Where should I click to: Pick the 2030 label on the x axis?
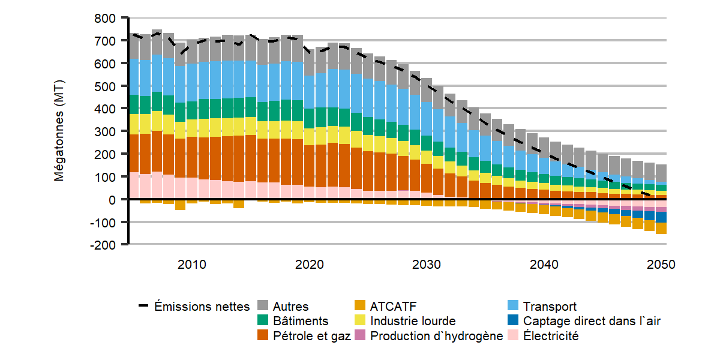427,265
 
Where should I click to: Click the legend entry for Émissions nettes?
202,307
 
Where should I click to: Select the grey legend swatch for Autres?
263,307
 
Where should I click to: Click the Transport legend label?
550,307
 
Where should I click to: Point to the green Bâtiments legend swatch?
263,321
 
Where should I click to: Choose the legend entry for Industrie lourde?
413,321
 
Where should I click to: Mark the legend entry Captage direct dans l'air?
591,321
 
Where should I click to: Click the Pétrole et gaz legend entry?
311,336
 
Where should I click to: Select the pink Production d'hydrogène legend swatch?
362,336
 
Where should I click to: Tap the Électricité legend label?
551,336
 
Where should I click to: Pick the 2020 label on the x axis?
310,265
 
